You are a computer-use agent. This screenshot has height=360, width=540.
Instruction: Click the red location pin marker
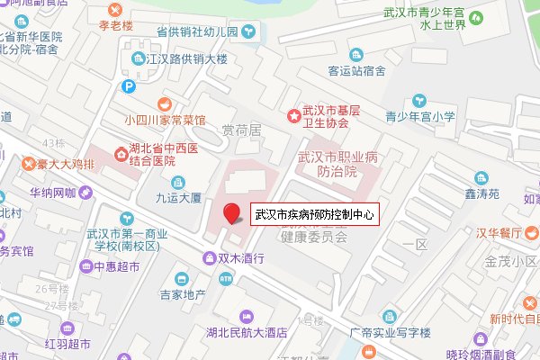point(232,213)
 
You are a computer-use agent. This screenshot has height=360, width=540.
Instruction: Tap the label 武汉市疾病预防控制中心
point(314,215)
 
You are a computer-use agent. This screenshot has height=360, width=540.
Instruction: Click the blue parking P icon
point(130,87)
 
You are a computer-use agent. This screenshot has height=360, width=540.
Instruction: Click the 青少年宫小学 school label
point(420,116)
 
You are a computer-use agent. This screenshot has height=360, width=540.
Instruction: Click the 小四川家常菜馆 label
point(166,119)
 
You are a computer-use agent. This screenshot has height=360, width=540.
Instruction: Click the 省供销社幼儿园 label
point(196,31)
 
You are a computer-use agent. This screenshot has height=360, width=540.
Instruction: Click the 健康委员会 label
point(313,238)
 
